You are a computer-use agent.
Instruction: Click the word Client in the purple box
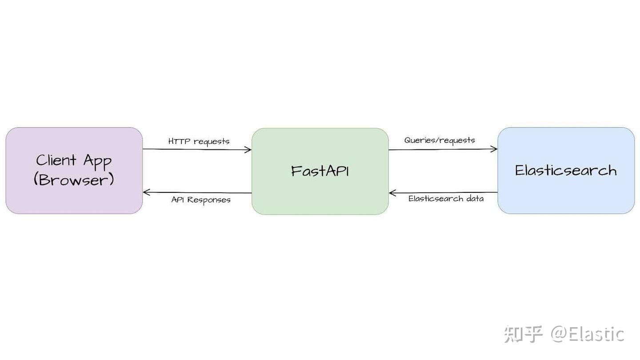coord(56,160)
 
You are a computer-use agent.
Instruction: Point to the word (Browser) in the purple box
coord(74,180)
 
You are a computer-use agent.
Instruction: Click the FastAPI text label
coord(320,171)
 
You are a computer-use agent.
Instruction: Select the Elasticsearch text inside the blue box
coord(566,171)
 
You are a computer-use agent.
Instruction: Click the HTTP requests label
coord(199,141)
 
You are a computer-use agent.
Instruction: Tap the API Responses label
coord(201,200)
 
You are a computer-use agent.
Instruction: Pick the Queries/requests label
coord(440,140)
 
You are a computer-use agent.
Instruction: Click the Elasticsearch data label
coord(446,199)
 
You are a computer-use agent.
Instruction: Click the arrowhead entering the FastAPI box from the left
coord(248,150)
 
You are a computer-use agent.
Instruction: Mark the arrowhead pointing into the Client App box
coord(146,192)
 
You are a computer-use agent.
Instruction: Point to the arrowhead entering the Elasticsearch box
coord(494,149)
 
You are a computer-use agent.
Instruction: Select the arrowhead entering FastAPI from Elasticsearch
coord(392,193)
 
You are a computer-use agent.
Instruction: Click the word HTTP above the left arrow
coord(180,141)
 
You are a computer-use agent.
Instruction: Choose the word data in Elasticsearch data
coord(475,199)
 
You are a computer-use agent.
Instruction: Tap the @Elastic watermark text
coord(588,334)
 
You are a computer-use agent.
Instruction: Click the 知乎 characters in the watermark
coord(523,334)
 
